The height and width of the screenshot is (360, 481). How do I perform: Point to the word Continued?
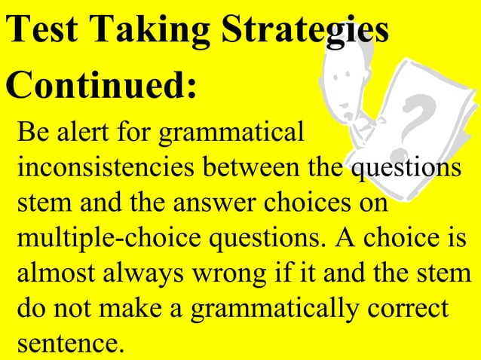(x=101, y=88)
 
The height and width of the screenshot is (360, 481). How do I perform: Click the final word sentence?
(x=68, y=343)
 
